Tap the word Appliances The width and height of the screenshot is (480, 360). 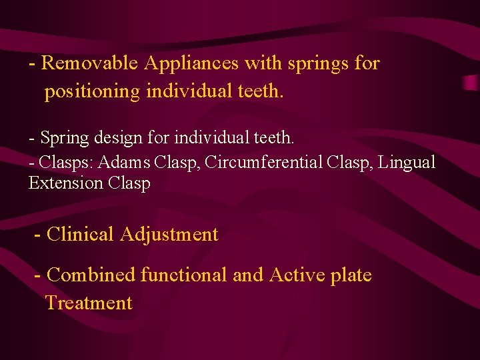tap(192, 63)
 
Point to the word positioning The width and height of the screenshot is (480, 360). tap(92, 92)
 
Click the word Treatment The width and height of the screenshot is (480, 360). tap(89, 303)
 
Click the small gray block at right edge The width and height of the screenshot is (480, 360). tap(472, 83)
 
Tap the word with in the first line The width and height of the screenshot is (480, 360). tap(263, 63)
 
